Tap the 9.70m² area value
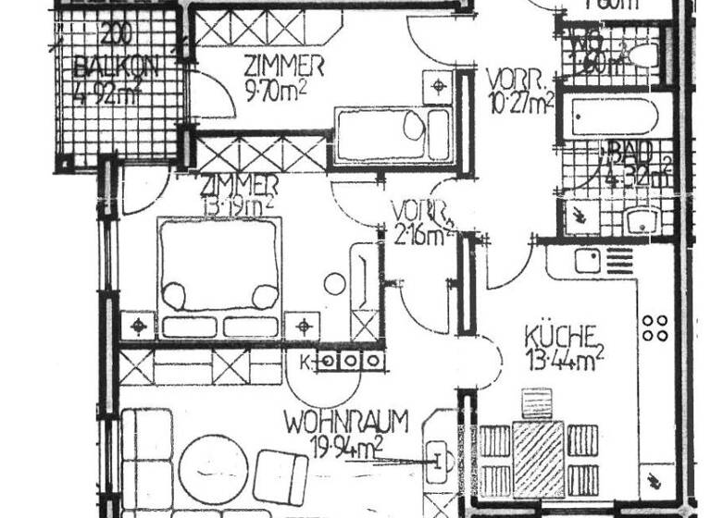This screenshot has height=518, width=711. (x=276, y=92)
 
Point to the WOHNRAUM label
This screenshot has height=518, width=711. (x=346, y=423)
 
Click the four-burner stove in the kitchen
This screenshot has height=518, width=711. (x=655, y=327)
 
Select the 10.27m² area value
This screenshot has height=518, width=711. (x=519, y=102)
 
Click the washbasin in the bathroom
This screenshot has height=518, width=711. (x=642, y=221)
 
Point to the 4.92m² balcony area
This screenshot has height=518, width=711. (x=116, y=93)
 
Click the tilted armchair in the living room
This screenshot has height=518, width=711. (x=282, y=474)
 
